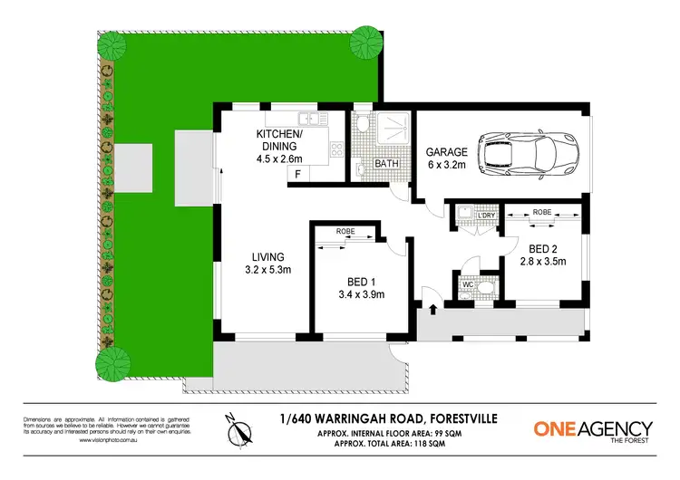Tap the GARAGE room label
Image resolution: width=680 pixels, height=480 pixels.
[x=446, y=152]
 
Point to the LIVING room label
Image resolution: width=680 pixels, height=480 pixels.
[x=268, y=256]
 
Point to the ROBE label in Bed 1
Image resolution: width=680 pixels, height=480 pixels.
[x=345, y=232]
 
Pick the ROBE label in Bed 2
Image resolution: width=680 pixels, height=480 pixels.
[x=542, y=211]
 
